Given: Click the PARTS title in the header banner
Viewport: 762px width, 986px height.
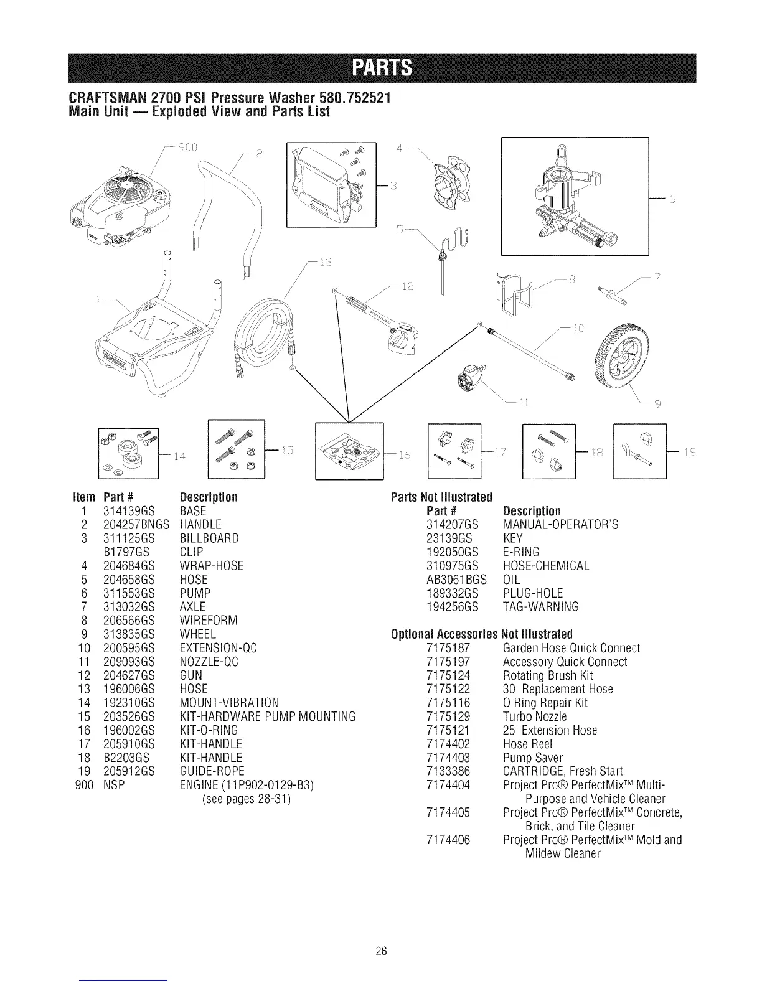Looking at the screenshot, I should [x=381, y=68].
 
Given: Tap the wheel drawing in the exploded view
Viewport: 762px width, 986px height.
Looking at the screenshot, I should [x=628, y=359].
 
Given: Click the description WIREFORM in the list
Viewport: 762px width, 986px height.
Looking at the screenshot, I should [x=200, y=621].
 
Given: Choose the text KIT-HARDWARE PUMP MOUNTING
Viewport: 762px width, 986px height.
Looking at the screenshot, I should [x=267, y=716].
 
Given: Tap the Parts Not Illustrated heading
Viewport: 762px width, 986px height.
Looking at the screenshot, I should [x=441, y=497].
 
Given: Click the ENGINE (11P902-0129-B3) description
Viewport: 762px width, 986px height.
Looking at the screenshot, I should [x=245, y=785].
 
